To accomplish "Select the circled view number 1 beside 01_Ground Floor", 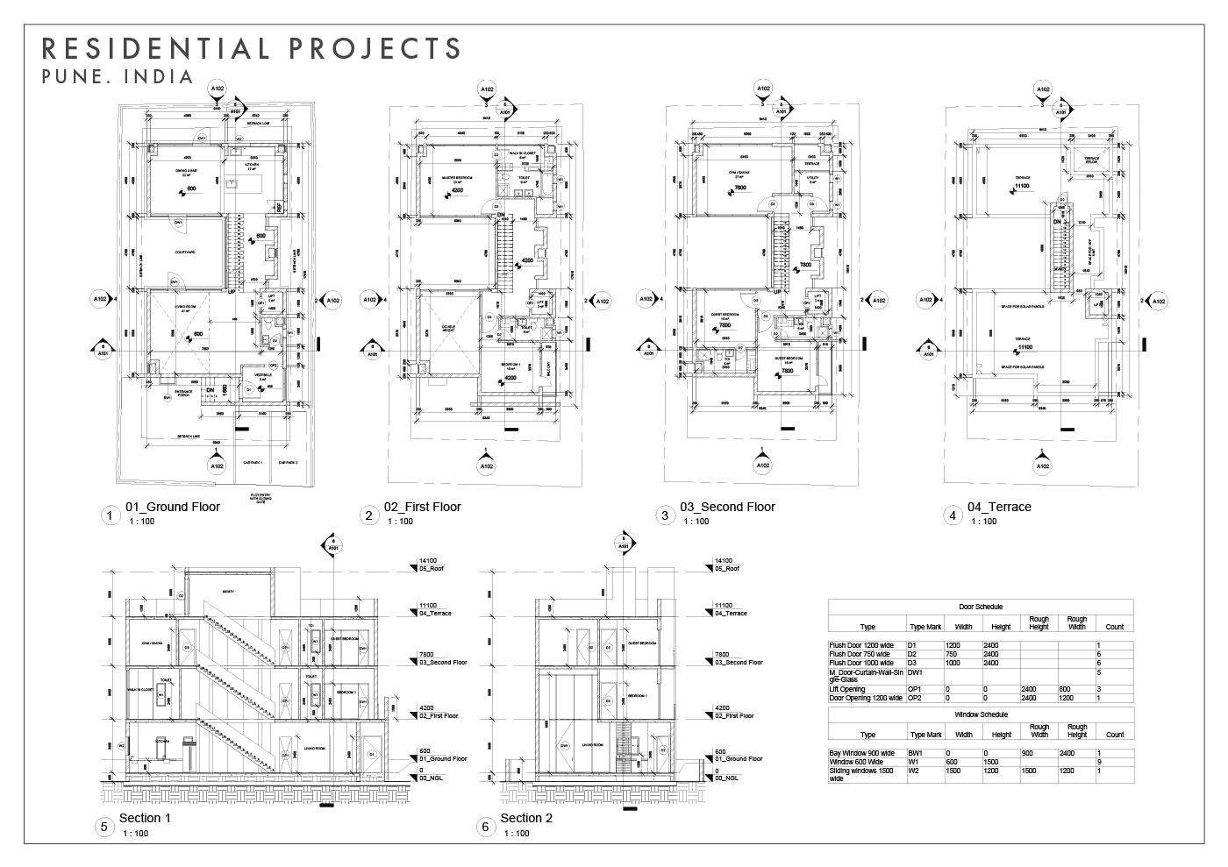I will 110,515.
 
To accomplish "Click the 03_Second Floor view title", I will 727,507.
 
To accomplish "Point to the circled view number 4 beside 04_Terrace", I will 953,515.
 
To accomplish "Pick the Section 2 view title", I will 526,818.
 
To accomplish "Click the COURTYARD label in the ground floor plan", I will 184,252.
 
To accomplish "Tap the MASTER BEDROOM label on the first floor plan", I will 457,178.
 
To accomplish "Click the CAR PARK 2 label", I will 288,463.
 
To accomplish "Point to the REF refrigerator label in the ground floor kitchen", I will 278,208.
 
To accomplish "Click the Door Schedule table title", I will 980,607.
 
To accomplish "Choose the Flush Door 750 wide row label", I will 860,654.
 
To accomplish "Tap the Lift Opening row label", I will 847,689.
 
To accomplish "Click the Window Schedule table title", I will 980,715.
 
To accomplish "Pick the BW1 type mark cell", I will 915,753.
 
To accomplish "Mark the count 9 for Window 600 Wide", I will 1098,762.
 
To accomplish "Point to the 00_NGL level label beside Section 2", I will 726,778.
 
